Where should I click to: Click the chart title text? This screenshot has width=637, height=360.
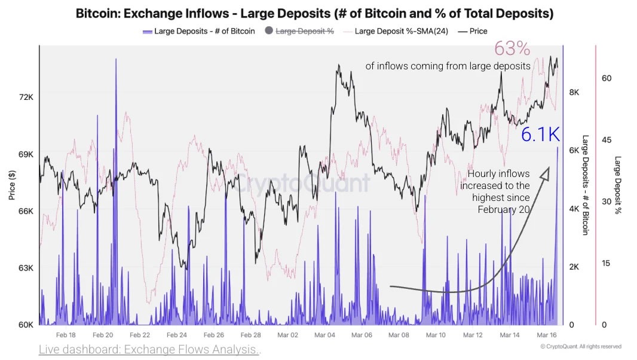click(314, 13)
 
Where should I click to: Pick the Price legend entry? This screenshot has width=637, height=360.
click(478, 31)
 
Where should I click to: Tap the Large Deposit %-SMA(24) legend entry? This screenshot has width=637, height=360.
click(401, 31)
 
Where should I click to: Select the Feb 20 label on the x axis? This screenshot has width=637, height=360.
click(103, 335)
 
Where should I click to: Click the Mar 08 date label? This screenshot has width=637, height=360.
click(399, 335)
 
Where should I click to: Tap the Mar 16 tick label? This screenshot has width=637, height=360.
click(546, 335)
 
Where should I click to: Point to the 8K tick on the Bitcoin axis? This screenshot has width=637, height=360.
click(574, 93)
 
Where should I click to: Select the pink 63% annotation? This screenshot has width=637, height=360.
click(512, 49)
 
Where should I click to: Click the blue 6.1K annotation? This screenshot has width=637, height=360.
click(540, 135)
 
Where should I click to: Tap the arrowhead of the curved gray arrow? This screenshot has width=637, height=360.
click(545, 173)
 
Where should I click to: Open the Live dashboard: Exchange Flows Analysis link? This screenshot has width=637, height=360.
click(149, 349)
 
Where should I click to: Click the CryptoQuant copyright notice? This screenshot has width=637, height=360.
click(580, 346)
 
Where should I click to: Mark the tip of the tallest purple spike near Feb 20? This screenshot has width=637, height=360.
click(116, 59)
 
